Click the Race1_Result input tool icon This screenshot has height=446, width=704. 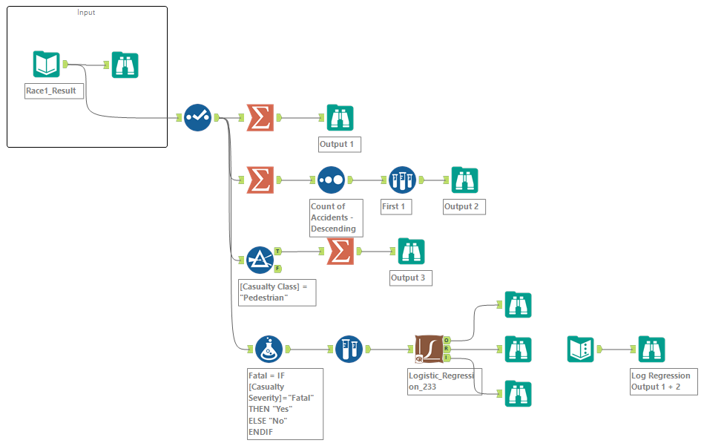[46, 65]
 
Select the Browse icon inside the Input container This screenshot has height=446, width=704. [125, 65]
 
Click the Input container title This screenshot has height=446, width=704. [86, 13]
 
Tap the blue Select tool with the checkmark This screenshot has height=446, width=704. [197, 117]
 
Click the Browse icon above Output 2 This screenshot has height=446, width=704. [464, 180]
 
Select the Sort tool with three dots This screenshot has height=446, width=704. [331, 180]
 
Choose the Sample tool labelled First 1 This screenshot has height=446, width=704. [402, 180]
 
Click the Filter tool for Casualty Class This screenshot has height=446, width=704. [260, 259]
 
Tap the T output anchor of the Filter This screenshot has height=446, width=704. [277, 251]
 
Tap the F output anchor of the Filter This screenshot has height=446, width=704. [277, 268]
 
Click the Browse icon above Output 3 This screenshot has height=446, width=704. [411, 251]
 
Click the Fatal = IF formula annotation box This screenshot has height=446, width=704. [285, 404]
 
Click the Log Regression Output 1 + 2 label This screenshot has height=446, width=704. [660, 381]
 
